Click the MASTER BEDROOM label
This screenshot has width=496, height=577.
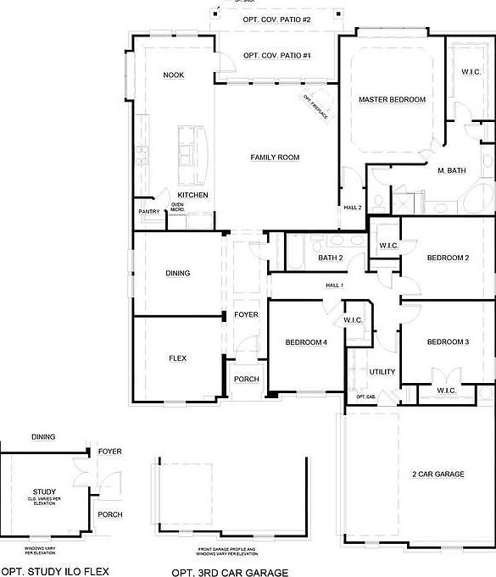point(392,100)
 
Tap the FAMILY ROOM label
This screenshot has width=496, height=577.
point(276,158)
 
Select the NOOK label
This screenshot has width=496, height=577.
point(174,75)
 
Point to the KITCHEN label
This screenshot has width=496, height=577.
point(192,195)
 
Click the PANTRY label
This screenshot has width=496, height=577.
point(149,212)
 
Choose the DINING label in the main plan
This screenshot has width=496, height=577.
point(178,274)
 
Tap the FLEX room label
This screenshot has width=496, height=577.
point(177,358)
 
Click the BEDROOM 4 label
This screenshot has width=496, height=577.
point(305,342)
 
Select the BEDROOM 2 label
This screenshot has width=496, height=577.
point(448,258)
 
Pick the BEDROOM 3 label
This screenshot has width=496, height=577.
point(448,342)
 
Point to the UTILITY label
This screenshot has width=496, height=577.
point(382,372)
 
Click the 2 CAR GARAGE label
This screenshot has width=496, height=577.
point(437,474)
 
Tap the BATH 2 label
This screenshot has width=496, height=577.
point(331,258)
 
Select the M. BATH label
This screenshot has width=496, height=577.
point(451,171)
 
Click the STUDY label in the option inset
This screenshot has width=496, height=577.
point(44,491)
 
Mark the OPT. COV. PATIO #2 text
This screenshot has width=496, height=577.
point(277,19)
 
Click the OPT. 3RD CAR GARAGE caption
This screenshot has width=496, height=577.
point(230,573)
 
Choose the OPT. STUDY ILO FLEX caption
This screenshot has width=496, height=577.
point(54,572)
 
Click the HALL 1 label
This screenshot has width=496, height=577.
point(334,286)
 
